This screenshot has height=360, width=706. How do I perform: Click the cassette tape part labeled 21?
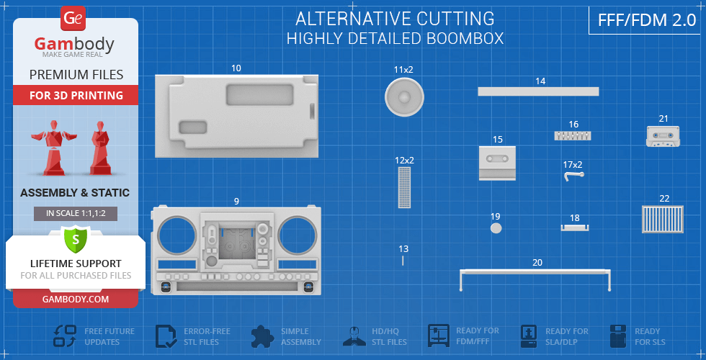click(x=662, y=136)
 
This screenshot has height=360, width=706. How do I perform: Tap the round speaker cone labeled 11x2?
click(x=404, y=96)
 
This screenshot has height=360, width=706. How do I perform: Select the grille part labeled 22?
click(x=662, y=219)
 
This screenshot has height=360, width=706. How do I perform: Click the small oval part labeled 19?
click(x=496, y=228)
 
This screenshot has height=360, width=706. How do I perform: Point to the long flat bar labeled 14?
click(x=538, y=91)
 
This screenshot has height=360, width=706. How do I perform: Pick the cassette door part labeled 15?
click(x=497, y=163)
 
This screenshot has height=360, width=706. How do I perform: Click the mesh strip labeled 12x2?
click(x=404, y=187)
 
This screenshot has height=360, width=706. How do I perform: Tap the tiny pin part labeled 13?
click(x=403, y=260)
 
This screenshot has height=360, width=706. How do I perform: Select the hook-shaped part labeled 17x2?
click(x=573, y=176)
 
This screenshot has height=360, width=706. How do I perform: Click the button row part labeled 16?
click(x=573, y=135)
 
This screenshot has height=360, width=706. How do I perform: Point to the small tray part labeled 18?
click(x=575, y=228)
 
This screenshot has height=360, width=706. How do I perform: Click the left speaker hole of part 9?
click(x=176, y=236)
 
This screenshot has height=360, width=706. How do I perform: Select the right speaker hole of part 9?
click(x=298, y=236)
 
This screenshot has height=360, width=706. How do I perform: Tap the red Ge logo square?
click(x=73, y=19)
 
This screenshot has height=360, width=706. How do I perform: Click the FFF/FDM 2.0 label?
click(x=647, y=20)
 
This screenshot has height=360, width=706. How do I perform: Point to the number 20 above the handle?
click(x=537, y=262)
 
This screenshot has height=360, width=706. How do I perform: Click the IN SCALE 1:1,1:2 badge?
click(x=76, y=213)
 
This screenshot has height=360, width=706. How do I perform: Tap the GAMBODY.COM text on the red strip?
click(x=76, y=299)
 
